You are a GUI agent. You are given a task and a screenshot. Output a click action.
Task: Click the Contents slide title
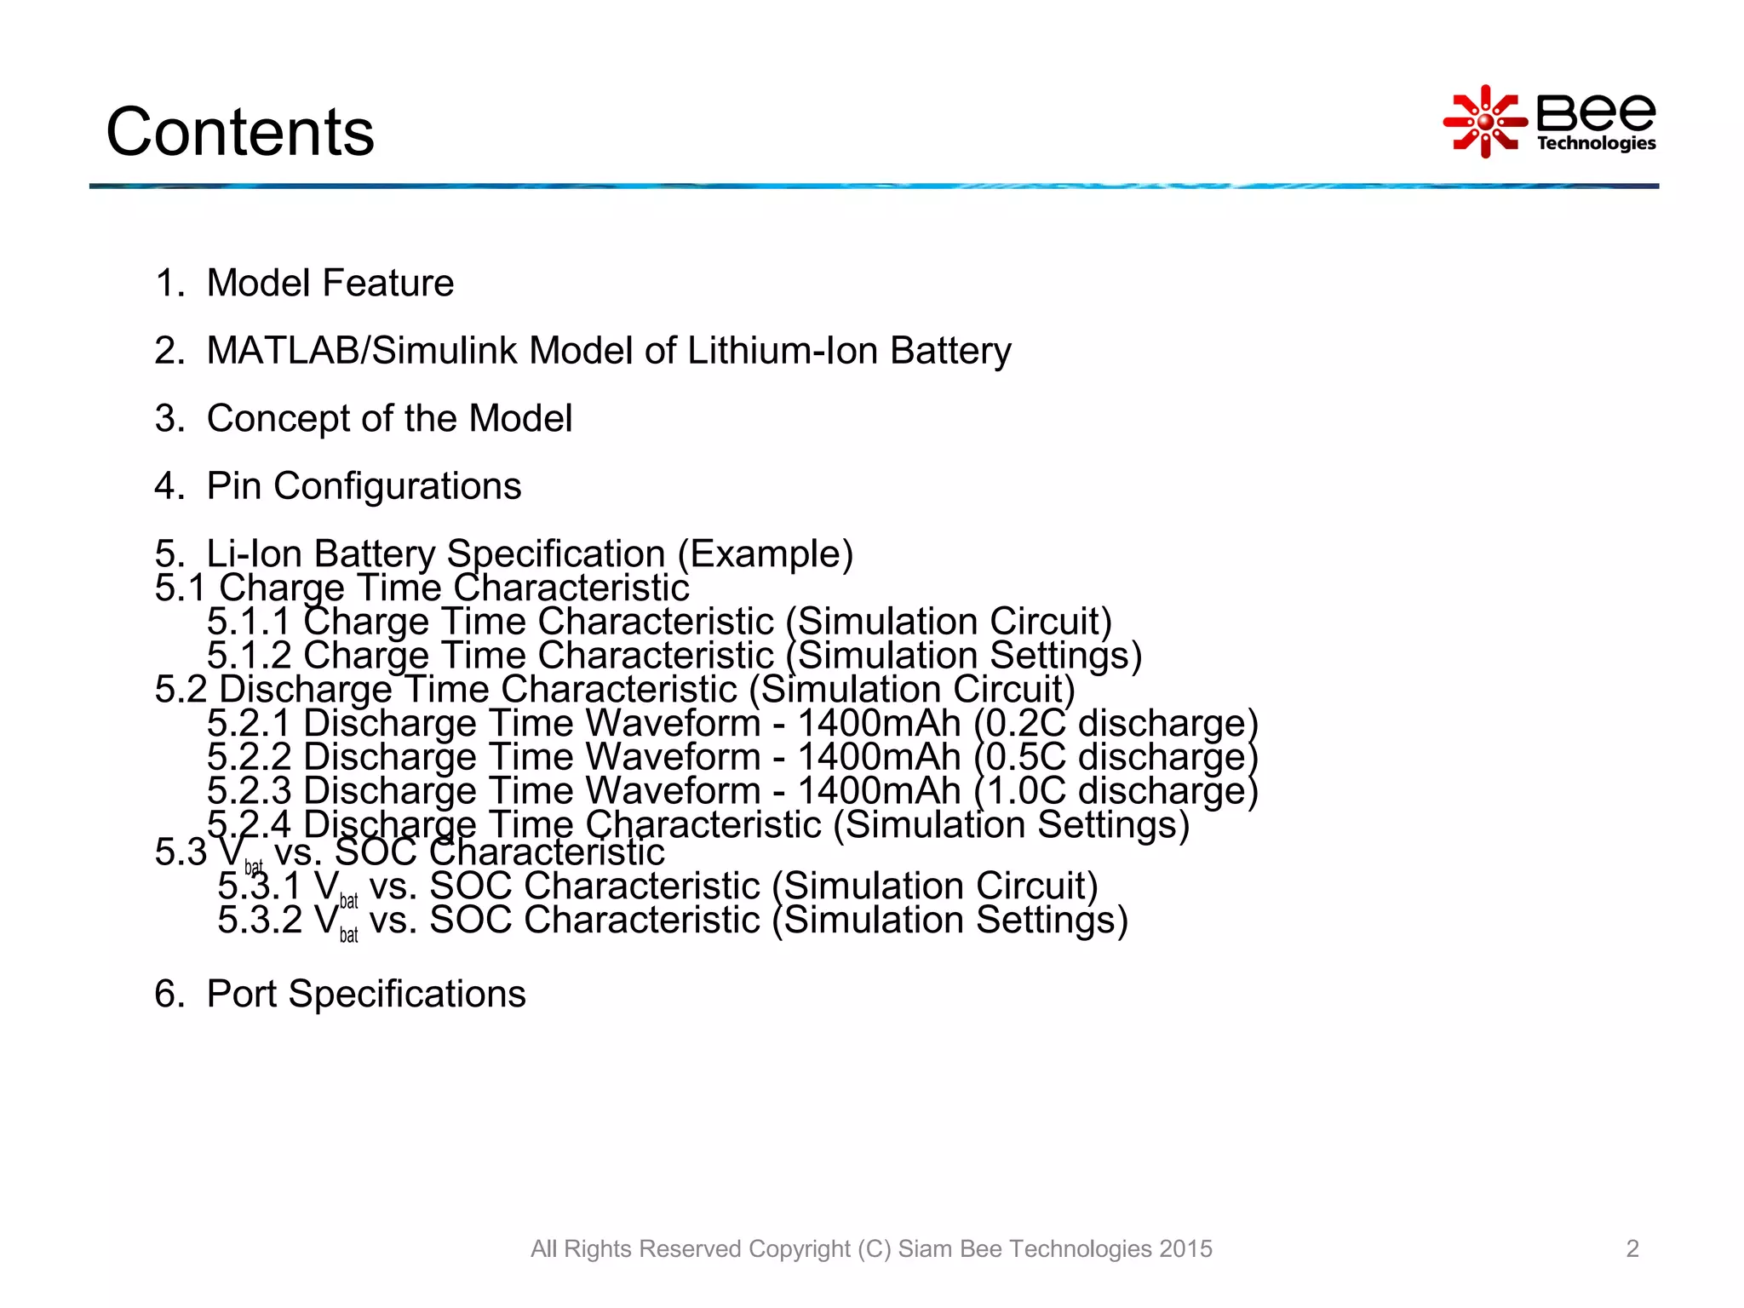coord(240,132)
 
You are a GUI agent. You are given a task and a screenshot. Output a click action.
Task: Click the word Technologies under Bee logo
coord(1596,143)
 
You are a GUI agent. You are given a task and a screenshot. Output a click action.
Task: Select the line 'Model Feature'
coord(330,283)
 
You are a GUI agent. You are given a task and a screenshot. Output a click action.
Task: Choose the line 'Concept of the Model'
coord(389,418)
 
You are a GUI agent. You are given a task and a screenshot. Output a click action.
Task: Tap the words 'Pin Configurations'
coord(364,486)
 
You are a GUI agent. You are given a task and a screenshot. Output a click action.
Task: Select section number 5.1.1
coord(249,622)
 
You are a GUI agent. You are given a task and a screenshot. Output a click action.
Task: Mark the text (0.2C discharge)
coord(1116,723)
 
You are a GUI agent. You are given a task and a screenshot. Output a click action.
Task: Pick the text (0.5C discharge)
coord(1116,757)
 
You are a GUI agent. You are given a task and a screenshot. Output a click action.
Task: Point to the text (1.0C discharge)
coord(1116,791)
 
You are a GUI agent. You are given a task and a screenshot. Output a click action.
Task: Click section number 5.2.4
coord(249,823)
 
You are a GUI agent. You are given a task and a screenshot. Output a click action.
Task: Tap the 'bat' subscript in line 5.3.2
coord(348,935)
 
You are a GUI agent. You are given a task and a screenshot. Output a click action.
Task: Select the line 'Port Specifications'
coord(366,994)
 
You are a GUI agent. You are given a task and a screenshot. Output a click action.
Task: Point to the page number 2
coord(1632,1248)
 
